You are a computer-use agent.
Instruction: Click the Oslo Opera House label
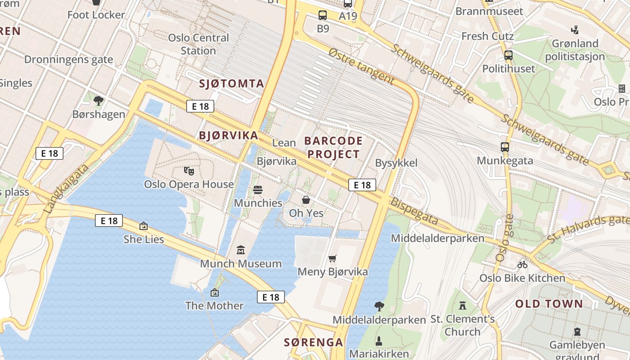(x=189, y=184)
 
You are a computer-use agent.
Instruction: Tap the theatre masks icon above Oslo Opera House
(x=189, y=171)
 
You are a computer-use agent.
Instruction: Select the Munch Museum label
(x=241, y=263)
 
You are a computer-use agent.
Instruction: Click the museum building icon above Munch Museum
(x=241, y=250)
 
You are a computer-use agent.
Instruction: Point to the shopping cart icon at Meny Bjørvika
(x=332, y=258)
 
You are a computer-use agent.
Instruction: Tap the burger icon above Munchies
(x=258, y=190)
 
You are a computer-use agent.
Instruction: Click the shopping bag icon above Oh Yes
(x=306, y=200)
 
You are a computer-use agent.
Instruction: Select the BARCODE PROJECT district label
(x=333, y=147)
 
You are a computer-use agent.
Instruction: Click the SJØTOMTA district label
(x=231, y=83)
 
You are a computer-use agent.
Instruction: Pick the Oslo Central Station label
(x=198, y=44)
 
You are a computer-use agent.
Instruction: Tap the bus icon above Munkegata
(x=505, y=147)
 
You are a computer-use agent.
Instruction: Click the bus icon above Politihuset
(x=508, y=56)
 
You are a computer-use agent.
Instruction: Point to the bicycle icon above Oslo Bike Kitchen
(x=522, y=265)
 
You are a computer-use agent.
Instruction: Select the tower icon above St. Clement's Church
(x=462, y=306)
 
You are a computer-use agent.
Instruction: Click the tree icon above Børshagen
(x=99, y=101)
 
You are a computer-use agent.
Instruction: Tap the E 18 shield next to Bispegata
(x=362, y=184)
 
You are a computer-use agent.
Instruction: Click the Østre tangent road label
(x=361, y=67)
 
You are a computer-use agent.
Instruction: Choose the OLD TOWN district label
(x=549, y=304)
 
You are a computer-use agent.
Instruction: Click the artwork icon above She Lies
(x=144, y=226)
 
